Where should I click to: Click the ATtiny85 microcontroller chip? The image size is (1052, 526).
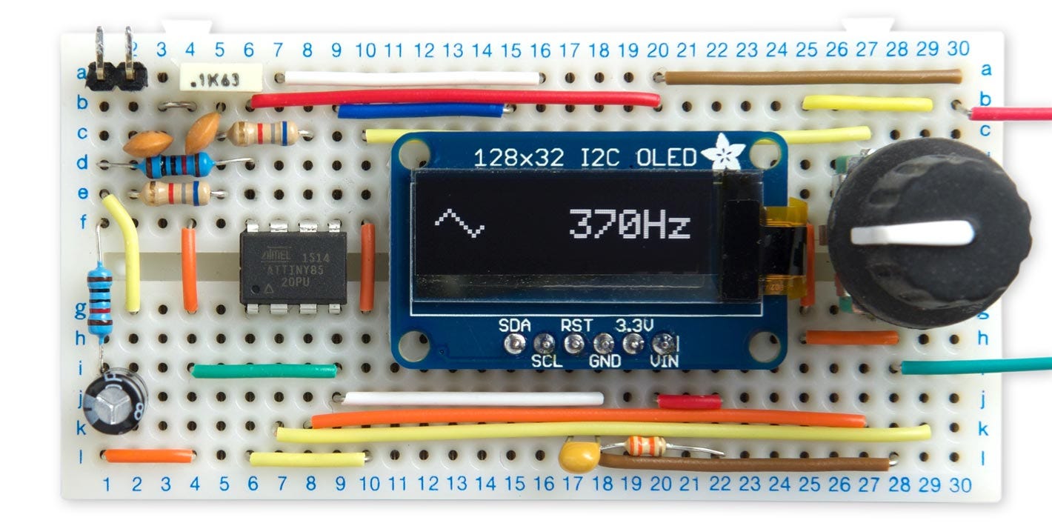(293, 267)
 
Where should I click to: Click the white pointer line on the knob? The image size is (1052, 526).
(911, 234)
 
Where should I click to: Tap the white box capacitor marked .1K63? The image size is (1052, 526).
(210, 77)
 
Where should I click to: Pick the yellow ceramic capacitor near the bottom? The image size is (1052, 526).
(579, 455)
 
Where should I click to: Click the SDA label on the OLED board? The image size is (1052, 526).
(514, 324)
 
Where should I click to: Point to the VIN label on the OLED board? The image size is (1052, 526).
(664, 362)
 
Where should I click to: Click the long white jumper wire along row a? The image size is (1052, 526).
(412, 77)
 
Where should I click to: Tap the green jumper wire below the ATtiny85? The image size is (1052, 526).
(264, 370)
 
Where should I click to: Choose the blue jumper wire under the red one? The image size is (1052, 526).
(421, 111)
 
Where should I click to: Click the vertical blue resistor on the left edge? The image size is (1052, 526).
(99, 300)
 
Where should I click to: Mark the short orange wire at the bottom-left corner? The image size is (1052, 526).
(148, 456)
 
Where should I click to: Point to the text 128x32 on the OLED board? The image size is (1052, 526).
(519, 158)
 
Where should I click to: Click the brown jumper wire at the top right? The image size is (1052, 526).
(812, 76)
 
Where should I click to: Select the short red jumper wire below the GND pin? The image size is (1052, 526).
(689, 402)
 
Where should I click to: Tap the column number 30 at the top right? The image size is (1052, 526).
(958, 49)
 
